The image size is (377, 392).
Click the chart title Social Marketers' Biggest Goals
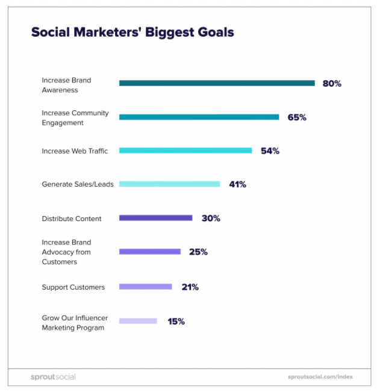pos(132,32)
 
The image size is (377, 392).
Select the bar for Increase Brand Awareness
pos(217,83)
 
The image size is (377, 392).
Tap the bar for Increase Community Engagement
pos(199,117)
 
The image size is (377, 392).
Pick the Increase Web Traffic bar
pos(185,151)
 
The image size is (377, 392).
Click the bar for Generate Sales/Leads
pos(169,184)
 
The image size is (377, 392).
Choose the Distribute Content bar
pos(155,218)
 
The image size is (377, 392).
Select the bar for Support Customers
pos(145,287)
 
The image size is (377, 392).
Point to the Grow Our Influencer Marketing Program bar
pos(138,321)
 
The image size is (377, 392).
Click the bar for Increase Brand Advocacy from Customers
pos(149,252)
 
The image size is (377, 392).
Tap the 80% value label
pos(332,84)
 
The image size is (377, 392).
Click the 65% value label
pos(297,117)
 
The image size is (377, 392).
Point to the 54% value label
pos(270,151)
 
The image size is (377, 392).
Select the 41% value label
pos(238,185)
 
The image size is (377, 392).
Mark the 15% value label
pos(176,322)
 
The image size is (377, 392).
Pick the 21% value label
pos(190,287)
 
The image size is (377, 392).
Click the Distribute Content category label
pos(72,219)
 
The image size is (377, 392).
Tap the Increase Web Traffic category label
pos(75,151)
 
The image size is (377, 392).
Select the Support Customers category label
pos(73,287)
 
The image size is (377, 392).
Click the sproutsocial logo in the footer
pos(53,377)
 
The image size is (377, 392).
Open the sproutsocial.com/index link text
pos(320,377)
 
